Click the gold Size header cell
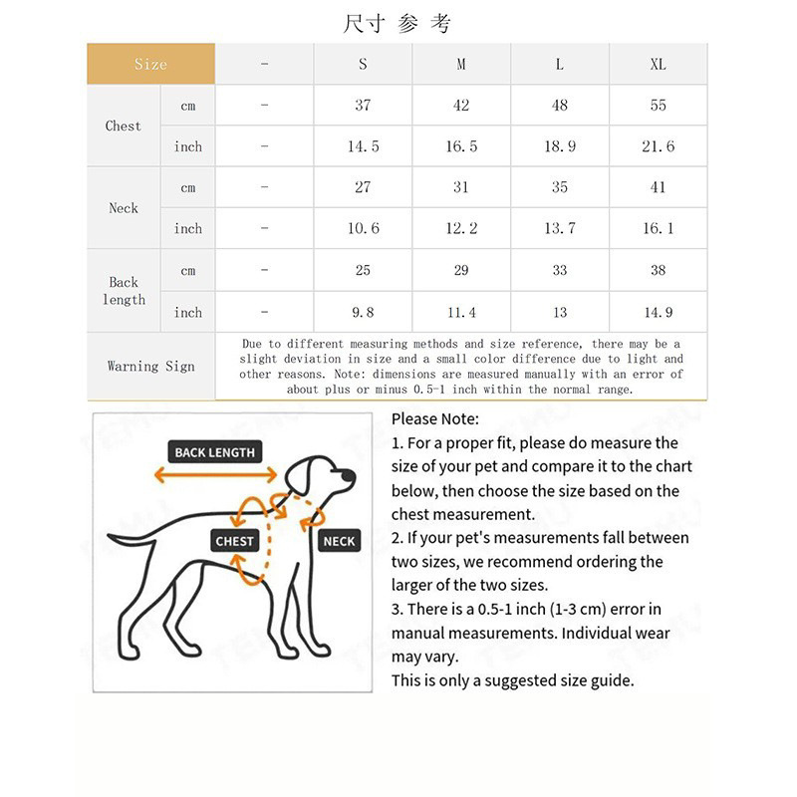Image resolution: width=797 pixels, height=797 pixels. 150,64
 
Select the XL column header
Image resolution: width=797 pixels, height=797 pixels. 658,64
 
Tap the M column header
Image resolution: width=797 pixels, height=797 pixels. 461,64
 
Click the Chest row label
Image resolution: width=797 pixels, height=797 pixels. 124,126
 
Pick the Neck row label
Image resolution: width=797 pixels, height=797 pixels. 124,207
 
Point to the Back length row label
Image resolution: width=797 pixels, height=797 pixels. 124,291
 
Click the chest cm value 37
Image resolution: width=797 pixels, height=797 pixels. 363,105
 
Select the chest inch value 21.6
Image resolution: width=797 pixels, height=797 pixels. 658,146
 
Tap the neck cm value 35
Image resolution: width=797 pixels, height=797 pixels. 560,187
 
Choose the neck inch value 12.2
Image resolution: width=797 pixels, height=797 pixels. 461,228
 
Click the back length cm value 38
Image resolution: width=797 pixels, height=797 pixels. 658,270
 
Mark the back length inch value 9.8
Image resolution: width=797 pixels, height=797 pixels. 363,312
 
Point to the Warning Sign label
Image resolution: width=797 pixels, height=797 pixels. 150,366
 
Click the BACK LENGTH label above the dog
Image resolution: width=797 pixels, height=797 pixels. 214,452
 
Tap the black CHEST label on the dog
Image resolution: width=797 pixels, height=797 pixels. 235,541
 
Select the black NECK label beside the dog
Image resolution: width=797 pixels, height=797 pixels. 339,541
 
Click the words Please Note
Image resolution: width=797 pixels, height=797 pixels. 434,419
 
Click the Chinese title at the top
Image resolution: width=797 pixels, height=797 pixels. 398,23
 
